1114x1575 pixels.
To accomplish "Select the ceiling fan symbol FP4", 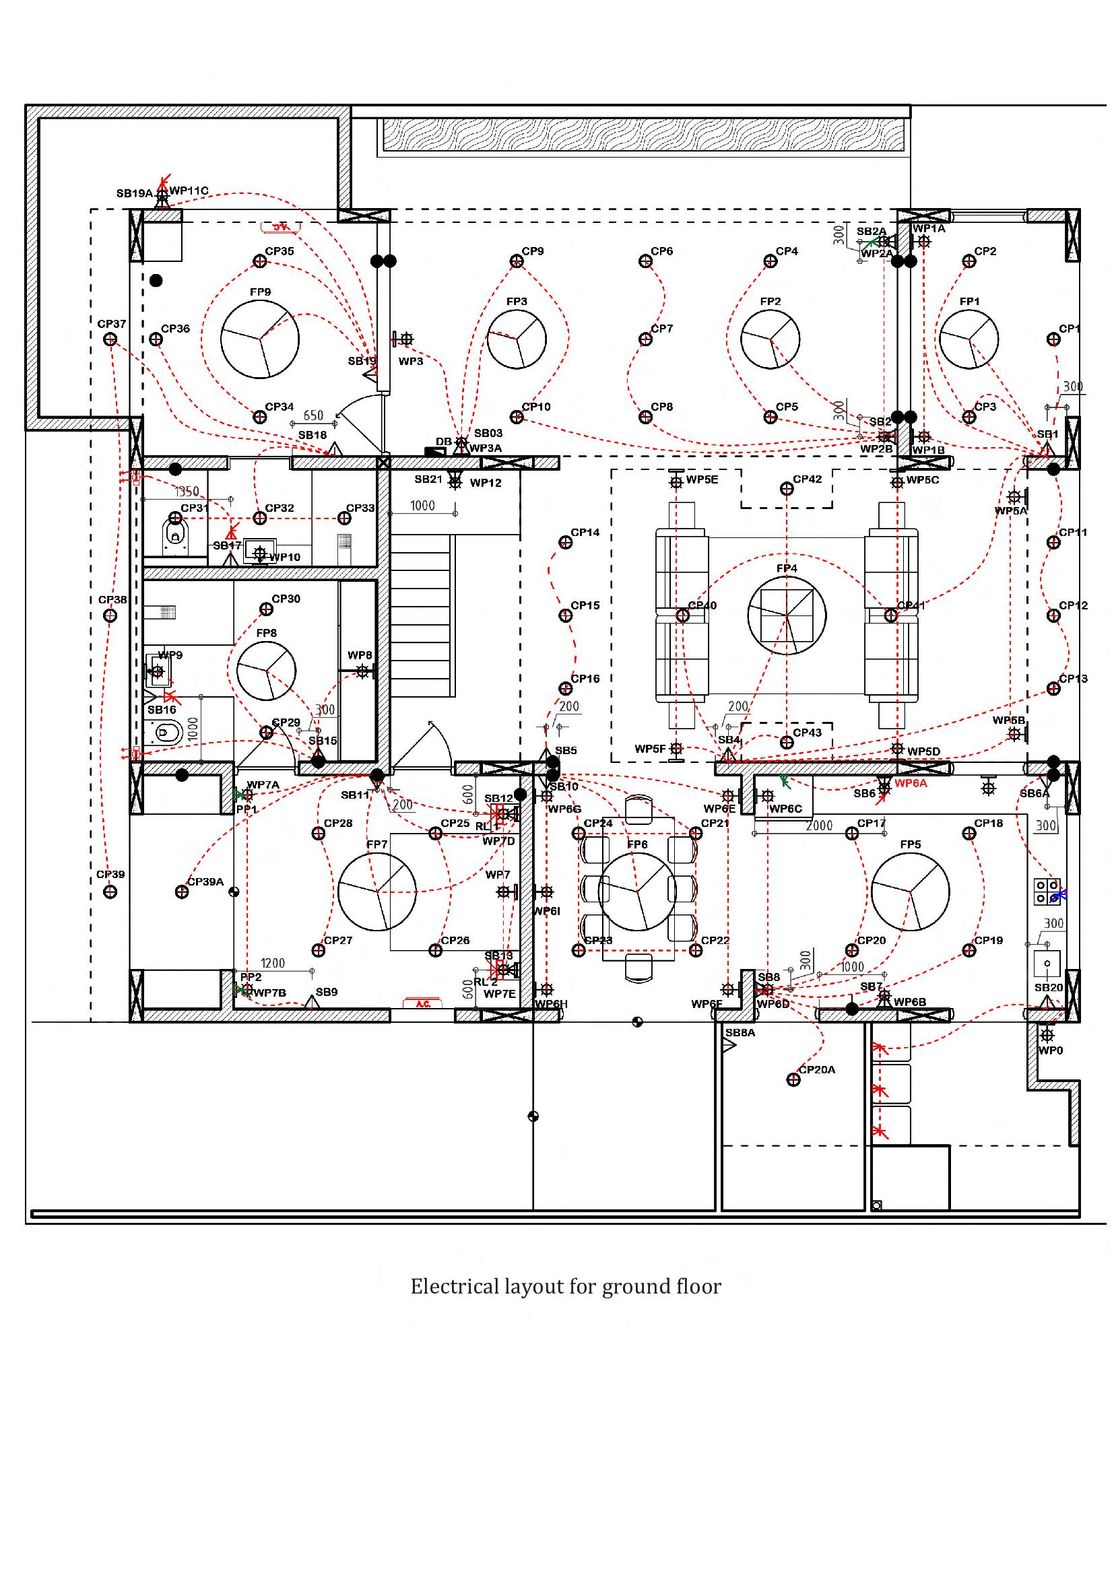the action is click(x=787, y=615).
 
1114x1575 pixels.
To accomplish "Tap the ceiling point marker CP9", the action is click(x=517, y=261).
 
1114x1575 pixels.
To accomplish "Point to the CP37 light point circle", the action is click(x=110, y=339).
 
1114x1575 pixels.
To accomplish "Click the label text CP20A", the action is click(x=817, y=1069).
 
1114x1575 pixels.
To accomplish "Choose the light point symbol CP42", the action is click(x=787, y=488).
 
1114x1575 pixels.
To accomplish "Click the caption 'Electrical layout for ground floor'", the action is click(x=565, y=1286).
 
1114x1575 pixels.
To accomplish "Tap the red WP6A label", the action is click(x=911, y=783).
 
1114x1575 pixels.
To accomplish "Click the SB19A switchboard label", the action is click(x=135, y=193).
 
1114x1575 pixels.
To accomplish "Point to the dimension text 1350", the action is click(x=187, y=492).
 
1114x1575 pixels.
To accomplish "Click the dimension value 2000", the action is click(x=819, y=826).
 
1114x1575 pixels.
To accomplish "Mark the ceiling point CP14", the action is click(x=565, y=543).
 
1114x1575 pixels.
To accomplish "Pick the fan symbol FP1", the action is click(x=969, y=339).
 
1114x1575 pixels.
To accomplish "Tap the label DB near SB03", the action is click(x=443, y=441).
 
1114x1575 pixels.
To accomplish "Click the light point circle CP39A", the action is click(x=182, y=892).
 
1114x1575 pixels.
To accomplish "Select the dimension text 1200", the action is click(x=272, y=963).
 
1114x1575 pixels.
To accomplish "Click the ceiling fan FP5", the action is click(x=911, y=891).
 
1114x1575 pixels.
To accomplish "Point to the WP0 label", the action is click(x=1050, y=1051).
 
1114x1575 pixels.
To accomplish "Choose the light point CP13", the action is click(x=1053, y=689).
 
